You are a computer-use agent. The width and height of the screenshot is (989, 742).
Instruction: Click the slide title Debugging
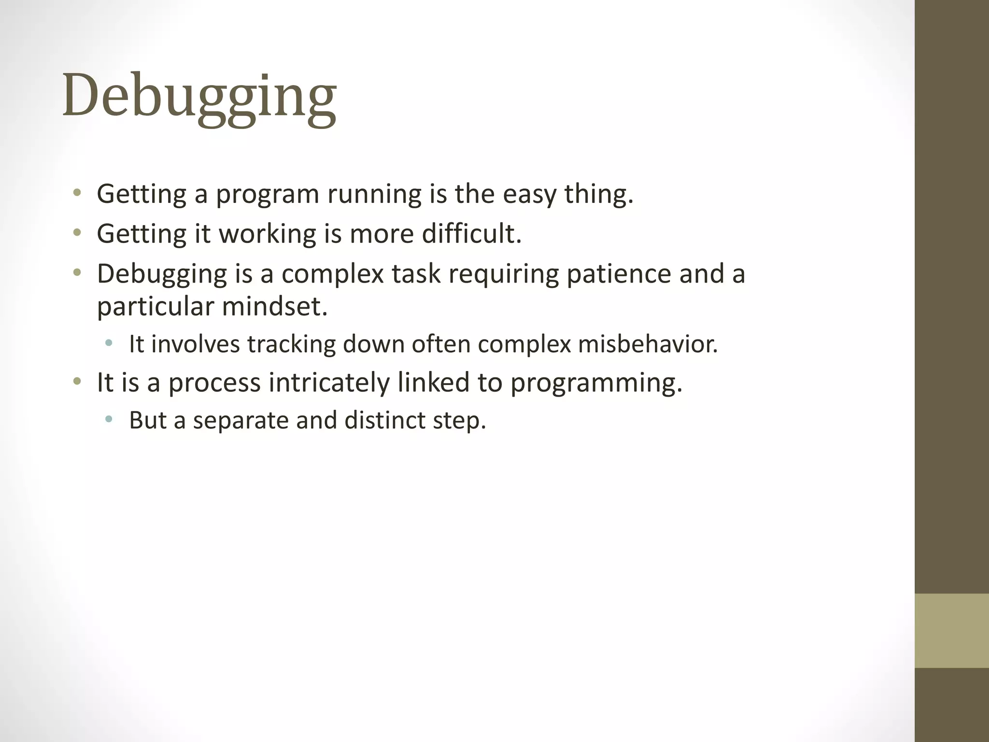pos(199,96)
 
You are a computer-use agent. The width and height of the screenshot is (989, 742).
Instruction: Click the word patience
pos(619,274)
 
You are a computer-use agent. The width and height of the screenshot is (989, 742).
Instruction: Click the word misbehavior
pos(648,344)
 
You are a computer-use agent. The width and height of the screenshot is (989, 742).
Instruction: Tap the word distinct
pos(384,420)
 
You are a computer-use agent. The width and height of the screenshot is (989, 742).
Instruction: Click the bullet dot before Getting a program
pos(77,194)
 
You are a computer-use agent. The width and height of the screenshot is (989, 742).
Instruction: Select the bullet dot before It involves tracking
pos(109,343)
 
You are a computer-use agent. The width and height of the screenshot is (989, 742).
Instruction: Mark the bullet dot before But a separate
pos(109,419)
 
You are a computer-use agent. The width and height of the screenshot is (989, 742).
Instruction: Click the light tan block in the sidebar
pos(951,630)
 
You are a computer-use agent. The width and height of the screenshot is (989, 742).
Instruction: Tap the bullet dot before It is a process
pos(77,382)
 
